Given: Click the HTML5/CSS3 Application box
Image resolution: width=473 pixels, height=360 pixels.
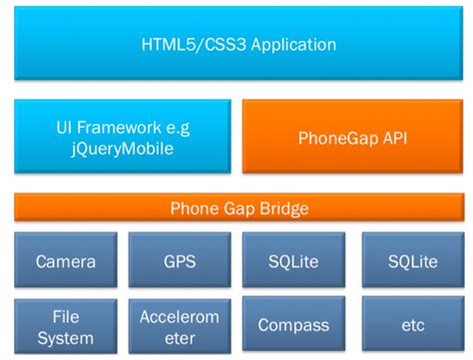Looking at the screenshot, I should [236, 45].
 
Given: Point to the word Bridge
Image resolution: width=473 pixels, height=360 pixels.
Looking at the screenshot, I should [280, 208].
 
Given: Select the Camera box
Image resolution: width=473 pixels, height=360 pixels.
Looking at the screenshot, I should [66, 262].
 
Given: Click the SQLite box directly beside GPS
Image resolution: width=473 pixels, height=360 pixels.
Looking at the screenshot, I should [293, 262].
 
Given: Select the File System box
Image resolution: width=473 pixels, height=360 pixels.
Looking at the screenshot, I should [66, 324].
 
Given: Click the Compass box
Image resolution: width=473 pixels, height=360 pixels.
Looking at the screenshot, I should [293, 324].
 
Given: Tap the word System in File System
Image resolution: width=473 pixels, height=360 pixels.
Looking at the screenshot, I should [66, 335].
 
